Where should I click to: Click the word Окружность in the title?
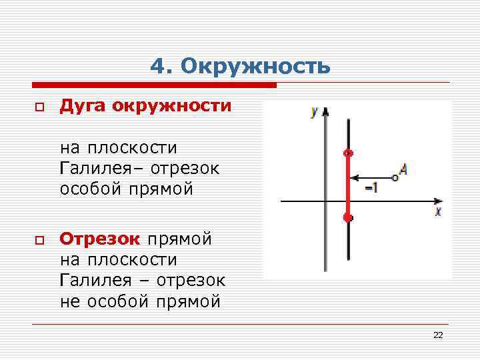coord(255,67)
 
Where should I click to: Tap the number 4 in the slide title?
coord(157,67)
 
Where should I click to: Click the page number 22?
coord(438,335)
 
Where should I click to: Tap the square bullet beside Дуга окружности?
coord(39,107)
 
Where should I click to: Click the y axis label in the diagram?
coord(313,111)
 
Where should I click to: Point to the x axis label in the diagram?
coord(438,211)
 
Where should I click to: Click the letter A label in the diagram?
coord(403,170)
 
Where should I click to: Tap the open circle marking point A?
coord(394,178)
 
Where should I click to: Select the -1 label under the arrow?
coord(371,189)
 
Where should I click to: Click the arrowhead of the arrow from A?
coord(354,178)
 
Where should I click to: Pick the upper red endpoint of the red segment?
coord(347,153)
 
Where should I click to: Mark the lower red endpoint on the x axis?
coord(347,217)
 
